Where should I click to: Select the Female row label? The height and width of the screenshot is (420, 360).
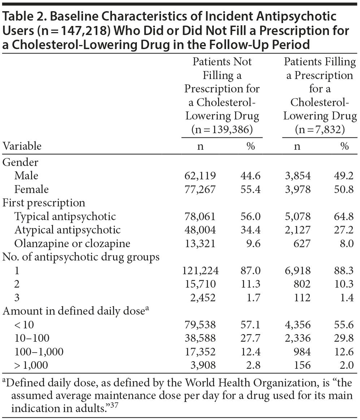click(x=31, y=189)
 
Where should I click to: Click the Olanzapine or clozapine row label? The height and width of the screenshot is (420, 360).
click(x=72, y=244)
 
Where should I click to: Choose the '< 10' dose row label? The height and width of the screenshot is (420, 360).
click(x=24, y=325)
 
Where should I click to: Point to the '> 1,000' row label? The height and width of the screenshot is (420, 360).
click(x=31, y=365)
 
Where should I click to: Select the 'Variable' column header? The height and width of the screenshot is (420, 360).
click(x=22, y=146)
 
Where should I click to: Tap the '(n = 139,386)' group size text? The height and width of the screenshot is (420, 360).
click(x=222, y=129)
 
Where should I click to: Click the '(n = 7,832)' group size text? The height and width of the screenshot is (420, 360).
click(x=320, y=129)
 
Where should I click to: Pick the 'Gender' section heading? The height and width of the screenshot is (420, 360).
click(x=20, y=162)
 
